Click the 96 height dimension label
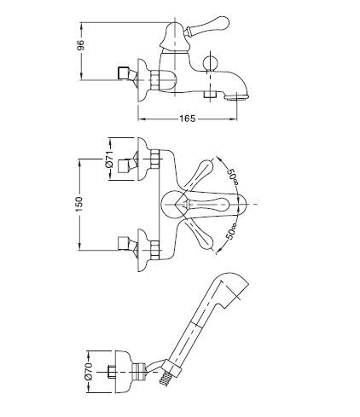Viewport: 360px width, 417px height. (81, 45)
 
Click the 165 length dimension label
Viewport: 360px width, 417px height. (188, 119)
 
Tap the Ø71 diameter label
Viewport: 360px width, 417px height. (109, 159)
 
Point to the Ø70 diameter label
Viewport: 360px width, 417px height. (89, 371)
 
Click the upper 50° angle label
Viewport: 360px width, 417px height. (232, 176)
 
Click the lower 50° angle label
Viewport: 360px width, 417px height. (231, 231)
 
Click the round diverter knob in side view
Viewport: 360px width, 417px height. (211, 63)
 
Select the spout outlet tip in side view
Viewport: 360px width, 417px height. (237, 96)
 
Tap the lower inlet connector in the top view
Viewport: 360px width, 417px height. (126, 243)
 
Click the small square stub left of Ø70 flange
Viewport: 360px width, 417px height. (112, 372)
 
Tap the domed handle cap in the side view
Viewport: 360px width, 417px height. (174, 37)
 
